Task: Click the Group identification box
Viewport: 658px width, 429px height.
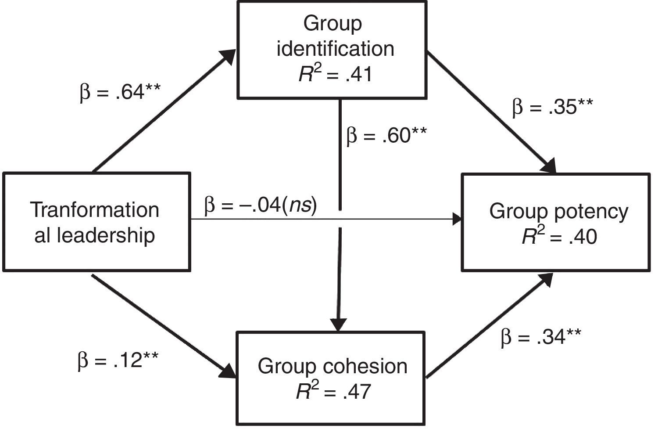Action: (x=332, y=50)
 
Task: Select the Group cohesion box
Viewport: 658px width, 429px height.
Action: (x=331, y=378)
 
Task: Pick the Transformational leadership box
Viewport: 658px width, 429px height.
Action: (x=97, y=222)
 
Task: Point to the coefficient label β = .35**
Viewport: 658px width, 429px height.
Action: (x=553, y=107)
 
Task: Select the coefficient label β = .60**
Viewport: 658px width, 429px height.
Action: (x=386, y=136)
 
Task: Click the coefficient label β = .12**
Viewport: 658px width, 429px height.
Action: (x=118, y=361)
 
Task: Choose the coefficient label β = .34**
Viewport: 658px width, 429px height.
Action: (x=541, y=337)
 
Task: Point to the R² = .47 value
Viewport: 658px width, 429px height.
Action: (x=333, y=391)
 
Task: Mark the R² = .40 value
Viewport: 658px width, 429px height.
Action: (x=559, y=237)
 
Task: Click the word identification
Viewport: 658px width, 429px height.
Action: (x=335, y=48)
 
